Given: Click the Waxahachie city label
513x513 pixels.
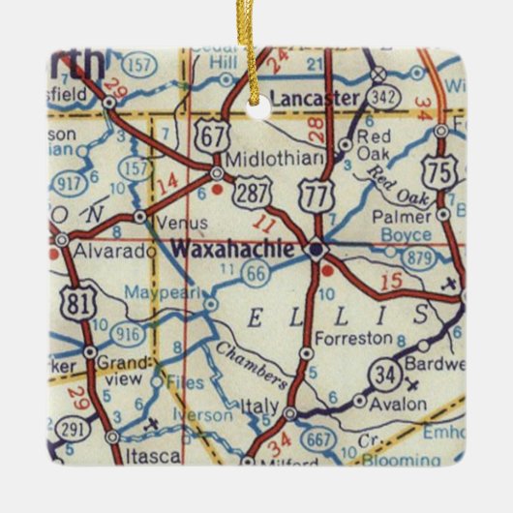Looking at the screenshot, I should [232, 249].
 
